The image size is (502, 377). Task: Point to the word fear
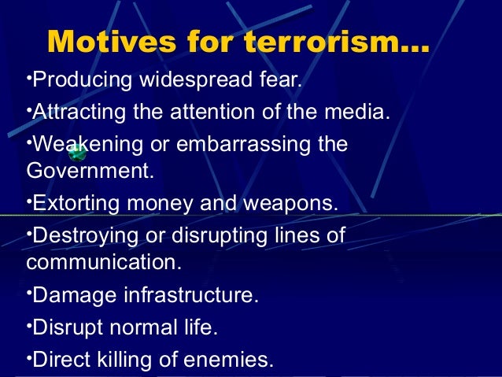(x=280, y=81)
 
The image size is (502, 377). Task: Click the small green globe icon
(x=77, y=153)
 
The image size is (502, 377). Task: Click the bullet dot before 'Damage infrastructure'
(x=29, y=293)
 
